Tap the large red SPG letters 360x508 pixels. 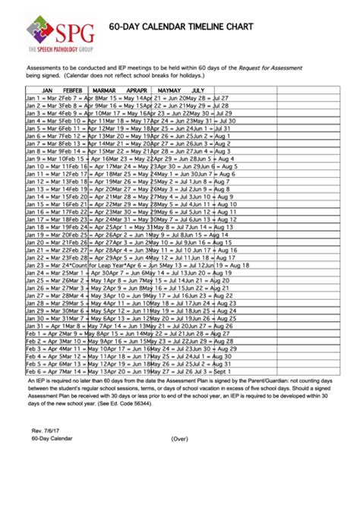(74, 31)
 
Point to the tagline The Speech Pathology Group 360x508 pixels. (61, 49)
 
